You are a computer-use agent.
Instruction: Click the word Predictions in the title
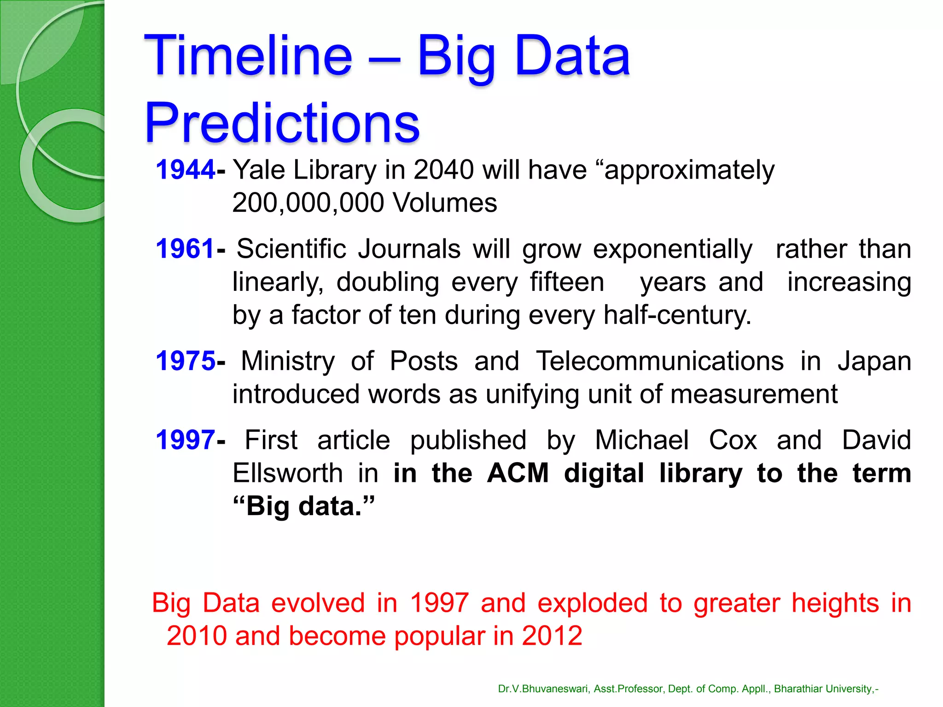pyautogui.click(x=282, y=123)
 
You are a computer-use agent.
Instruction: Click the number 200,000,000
pyautogui.click(x=308, y=203)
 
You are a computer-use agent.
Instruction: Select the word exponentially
pyautogui.click(x=672, y=249)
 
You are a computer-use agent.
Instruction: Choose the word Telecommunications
pyautogui.click(x=659, y=360)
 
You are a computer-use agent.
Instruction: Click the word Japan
pyautogui.click(x=874, y=361)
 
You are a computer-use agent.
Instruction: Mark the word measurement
pyautogui.click(x=753, y=394)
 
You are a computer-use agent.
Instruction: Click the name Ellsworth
pyautogui.click(x=287, y=473)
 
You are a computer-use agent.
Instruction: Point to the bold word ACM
pyautogui.click(x=518, y=473)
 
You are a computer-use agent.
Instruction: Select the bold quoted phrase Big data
pyautogui.click(x=304, y=506)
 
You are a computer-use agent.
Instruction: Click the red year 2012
pyautogui.click(x=552, y=636)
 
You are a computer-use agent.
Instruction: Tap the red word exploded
pyautogui.click(x=592, y=603)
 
